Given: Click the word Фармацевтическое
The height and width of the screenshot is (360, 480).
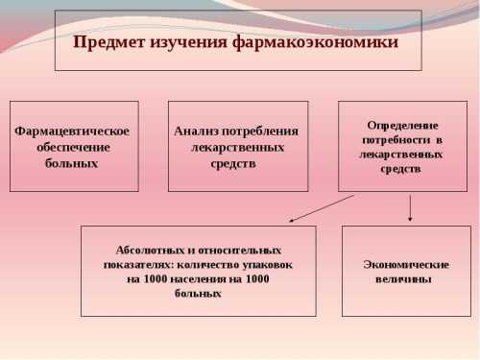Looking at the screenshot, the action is pyautogui.click(x=72, y=132).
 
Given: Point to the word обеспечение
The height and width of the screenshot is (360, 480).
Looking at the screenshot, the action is pyautogui.click(x=73, y=147).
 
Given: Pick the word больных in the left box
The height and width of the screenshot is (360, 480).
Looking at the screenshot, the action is pyautogui.click(x=72, y=163).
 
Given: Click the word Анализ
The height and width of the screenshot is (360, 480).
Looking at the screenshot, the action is pyautogui.click(x=195, y=132).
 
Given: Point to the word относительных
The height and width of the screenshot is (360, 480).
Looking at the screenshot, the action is pyautogui.click(x=241, y=249).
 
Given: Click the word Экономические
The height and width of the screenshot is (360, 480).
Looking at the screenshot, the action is pyautogui.click(x=406, y=263).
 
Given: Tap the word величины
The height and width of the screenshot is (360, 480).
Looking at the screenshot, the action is pyautogui.click(x=403, y=278).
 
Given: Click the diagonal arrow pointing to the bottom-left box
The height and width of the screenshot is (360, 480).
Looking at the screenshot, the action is pyautogui.click(x=322, y=208).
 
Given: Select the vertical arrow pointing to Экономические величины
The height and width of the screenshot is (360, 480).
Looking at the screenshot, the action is pyautogui.click(x=411, y=208).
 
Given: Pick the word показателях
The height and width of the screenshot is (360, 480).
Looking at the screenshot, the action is pyautogui.click(x=138, y=263).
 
